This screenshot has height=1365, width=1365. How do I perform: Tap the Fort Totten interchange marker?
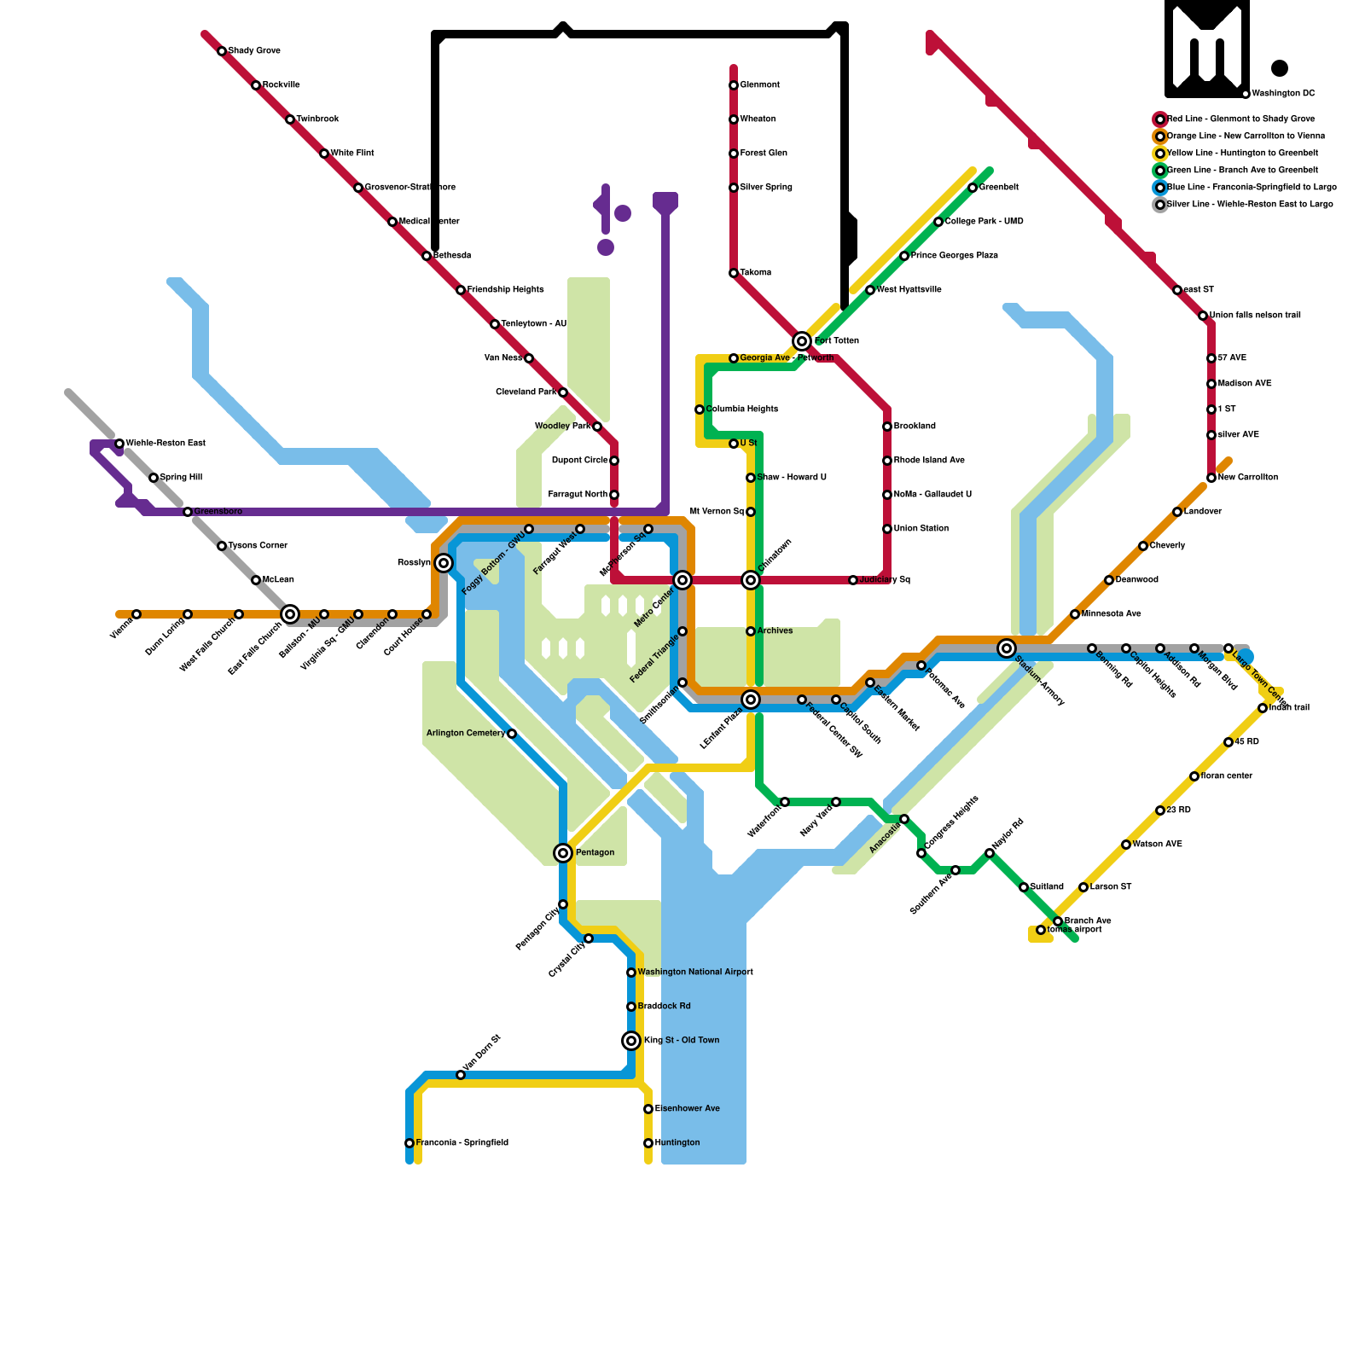point(802,341)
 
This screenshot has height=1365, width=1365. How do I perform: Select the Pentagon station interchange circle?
point(563,853)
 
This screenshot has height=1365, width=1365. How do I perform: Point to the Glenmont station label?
point(759,85)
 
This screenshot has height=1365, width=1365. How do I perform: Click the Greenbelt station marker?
point(973,188)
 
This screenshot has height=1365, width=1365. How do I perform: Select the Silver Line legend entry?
point(1249,205)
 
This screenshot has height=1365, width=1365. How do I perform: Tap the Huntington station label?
point(677,1143)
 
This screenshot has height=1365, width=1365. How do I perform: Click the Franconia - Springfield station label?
point(462,1143)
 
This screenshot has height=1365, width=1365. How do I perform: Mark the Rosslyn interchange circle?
point(444,563)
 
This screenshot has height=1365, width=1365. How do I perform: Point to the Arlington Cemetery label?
point(466,734)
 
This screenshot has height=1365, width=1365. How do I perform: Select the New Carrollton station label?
point(1248,478)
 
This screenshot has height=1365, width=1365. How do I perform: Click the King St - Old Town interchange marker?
point(631,1041)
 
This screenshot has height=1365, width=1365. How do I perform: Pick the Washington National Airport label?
point(695,973)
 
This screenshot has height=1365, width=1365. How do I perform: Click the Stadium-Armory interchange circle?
point(1007,648)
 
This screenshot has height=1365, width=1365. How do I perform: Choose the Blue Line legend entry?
point(1251,188)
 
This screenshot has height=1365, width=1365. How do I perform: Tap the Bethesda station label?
point(452,256)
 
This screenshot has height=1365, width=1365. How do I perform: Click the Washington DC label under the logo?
point(1283,94)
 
